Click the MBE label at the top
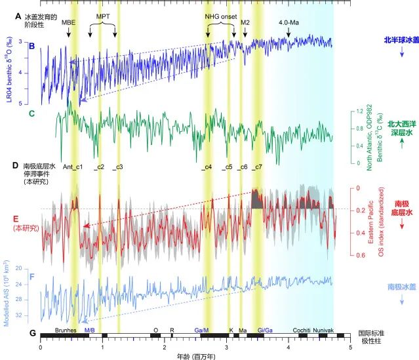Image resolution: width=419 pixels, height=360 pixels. pyautogui.click(x=68, y=22)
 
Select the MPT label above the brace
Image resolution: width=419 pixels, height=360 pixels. pyautogui.click(x=103, y=15)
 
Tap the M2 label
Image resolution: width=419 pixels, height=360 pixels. pyautogui.click(x=245, y=22)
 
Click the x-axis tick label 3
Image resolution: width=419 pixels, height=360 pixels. pyautogui.click(x=227, y=349)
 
